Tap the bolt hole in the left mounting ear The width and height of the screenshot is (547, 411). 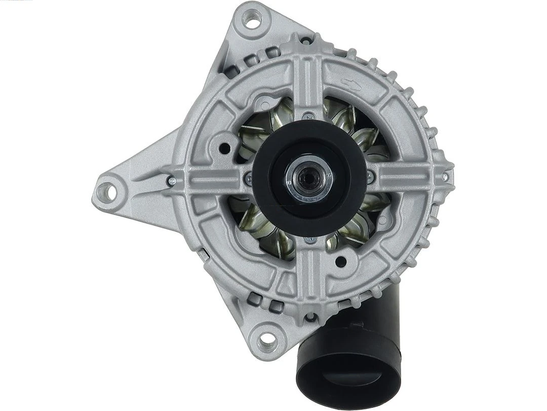105,191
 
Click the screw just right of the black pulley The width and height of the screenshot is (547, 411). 370,177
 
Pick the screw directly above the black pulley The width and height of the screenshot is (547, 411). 308,116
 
